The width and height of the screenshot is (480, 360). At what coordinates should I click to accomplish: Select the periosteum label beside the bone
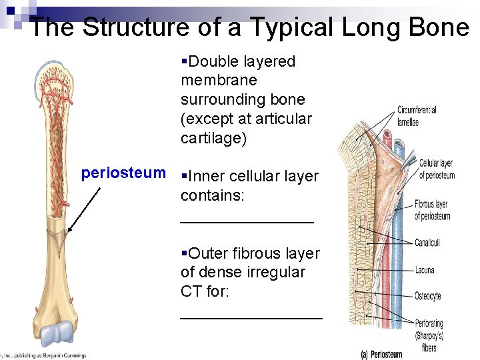[123, 173]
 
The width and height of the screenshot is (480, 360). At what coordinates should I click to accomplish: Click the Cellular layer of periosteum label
[437, 169]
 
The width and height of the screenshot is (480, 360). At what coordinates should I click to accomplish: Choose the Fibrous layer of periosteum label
[431, 210]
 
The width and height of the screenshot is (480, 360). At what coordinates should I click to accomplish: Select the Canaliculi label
[427, 243]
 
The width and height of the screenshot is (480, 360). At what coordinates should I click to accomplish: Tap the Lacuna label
[424, 270]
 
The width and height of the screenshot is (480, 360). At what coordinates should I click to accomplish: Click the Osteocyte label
[427, 296]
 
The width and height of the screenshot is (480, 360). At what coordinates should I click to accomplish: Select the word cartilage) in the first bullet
[213, 138]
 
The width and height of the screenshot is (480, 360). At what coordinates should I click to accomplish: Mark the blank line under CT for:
[251, 317]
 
